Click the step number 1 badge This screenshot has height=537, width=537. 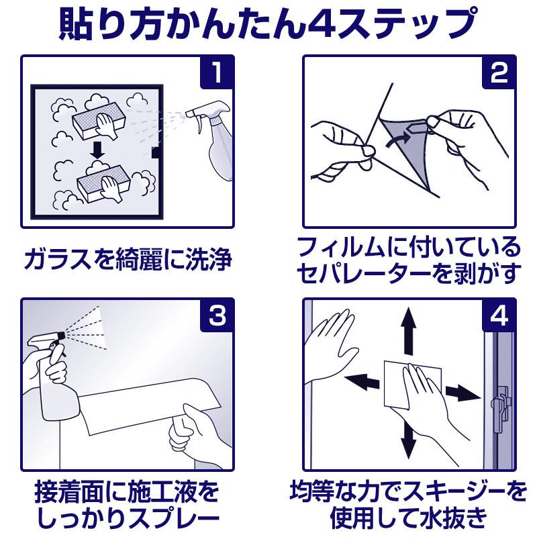[217, 72]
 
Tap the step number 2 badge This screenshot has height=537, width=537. [499, 72]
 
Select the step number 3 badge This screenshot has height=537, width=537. [217, 315]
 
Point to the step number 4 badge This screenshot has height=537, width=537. [499, 315]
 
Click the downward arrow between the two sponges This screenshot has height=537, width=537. [98, 150]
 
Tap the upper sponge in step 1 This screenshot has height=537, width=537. [99, 121]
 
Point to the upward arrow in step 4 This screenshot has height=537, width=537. [409, 330]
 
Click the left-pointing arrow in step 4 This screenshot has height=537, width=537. [361, 381]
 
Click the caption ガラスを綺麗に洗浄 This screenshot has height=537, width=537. [128, 259]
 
